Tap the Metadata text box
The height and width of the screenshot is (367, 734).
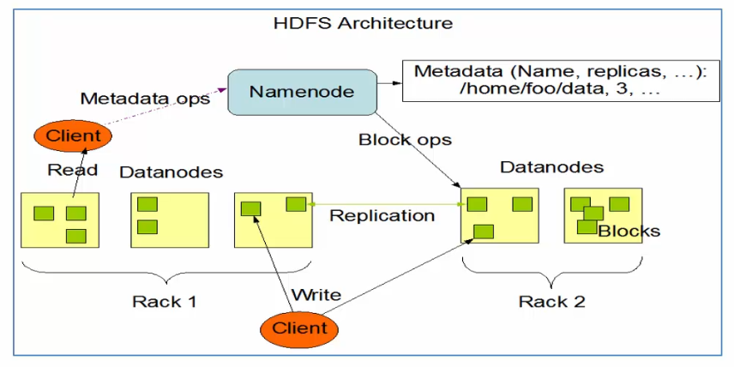(558, 81)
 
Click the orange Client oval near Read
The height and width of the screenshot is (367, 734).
(73, 135)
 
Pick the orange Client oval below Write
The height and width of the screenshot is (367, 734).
(299, 328)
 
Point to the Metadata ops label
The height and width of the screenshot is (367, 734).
(145, 99)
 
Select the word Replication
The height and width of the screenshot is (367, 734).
(382, 215)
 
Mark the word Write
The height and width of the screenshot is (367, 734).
(316, 295)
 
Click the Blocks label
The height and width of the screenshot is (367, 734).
(629, 231)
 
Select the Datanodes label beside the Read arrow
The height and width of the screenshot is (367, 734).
(171, 172)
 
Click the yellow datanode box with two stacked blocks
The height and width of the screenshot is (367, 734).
(170, 220)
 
